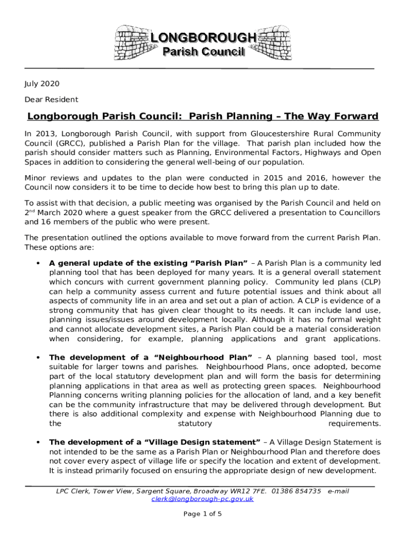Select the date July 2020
(x=42, y=84)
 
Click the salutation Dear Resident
(x=51, y=99)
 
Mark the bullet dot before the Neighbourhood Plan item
(x=37, y=357)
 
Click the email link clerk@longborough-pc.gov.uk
(x=202, y=499)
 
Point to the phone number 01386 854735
(x=296, y=491)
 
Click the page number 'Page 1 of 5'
(x=202, y=514)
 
